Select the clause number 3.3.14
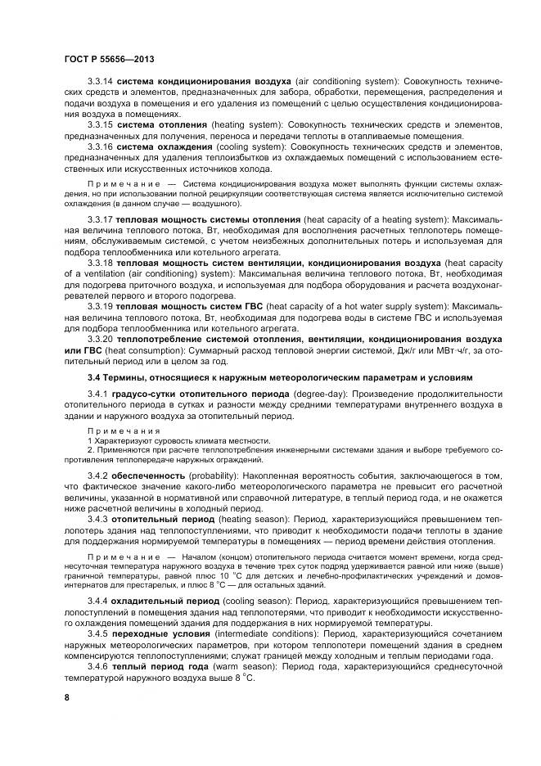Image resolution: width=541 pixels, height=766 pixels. [100, 83]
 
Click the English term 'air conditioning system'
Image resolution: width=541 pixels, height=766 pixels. [345, 83]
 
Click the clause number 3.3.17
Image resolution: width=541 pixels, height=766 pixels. [100, 221]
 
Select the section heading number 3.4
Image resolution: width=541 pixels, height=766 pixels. [95, 377]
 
